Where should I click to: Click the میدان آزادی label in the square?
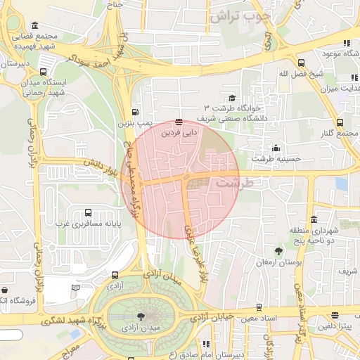coord(141,328)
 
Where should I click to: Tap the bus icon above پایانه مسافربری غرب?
coord(88,212)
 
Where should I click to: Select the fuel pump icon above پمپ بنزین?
coord(134,112)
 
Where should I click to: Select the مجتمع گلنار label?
coord(342,134)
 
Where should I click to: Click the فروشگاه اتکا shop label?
coord(14,301)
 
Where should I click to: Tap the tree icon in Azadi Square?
coord(141,317)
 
